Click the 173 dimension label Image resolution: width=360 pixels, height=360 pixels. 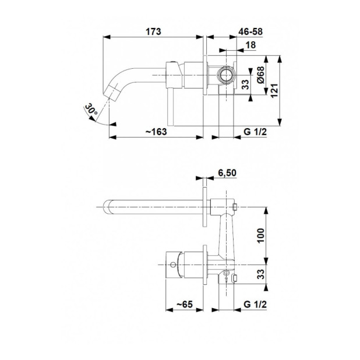click(153, 31)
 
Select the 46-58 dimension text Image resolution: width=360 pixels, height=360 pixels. click(250, 31)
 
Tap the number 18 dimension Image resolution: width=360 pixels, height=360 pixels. click(250, 45)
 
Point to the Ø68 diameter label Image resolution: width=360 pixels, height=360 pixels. click(261, 75)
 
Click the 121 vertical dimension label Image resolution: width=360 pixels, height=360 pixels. click(274, 91)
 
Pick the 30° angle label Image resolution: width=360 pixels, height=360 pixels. click(91, 110)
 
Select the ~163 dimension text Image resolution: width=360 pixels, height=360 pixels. click(156, 132)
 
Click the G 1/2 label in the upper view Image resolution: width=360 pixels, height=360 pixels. click(255, 132)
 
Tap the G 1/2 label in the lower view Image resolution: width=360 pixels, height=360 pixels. click(255, 304)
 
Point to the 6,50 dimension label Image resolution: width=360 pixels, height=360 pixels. click(227, 173)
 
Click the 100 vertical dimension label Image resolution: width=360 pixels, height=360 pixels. click(261, 235)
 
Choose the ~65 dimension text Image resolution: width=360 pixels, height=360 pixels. click(185, 304)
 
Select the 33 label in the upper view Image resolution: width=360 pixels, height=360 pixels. click(245, 84)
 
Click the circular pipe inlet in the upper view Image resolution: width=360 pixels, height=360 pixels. click(227, 75)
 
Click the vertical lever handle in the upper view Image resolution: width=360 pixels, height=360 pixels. click(171, 107)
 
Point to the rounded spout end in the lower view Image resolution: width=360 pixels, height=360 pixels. click(107, 207)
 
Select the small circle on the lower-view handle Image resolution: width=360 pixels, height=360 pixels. click(173, 264)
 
